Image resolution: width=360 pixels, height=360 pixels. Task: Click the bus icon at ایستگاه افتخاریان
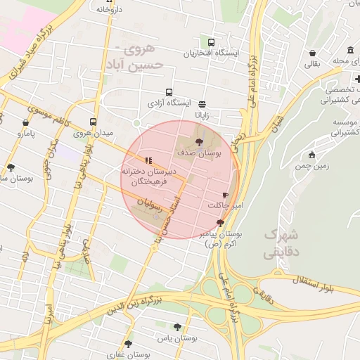pyautogui.click(x=212, y=41)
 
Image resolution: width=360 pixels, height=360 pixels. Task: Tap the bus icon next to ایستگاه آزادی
pyautogui.click(x=169, y=92)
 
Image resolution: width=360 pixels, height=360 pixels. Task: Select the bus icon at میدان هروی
pyautogui.click(x=94, y=122)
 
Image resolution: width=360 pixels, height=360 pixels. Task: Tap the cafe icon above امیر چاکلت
pyautogui.click(x=224, y=194)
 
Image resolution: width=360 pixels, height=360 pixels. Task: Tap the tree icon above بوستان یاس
pyautogui.click(x=176, y=327)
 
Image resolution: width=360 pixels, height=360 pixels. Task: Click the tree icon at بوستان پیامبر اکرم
pyautogui.click(x=221, y=222)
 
